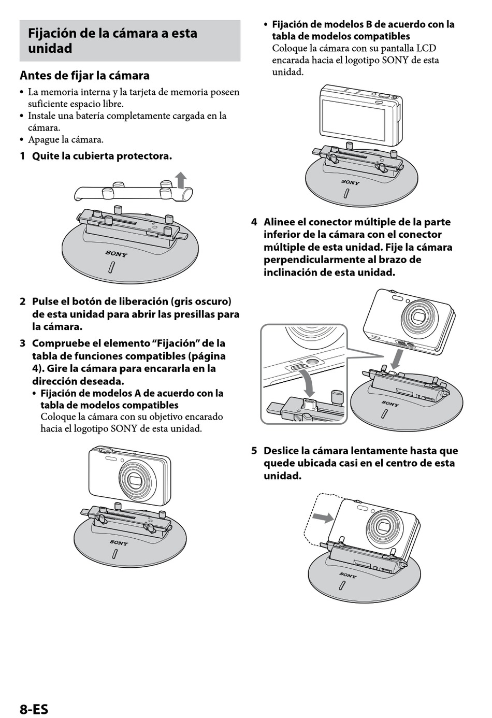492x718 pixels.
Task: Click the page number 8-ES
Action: [x=34, y=709]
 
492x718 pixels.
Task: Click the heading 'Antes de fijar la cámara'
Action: [x=84, y=76]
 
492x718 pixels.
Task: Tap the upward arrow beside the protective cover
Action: [x=181, y=180]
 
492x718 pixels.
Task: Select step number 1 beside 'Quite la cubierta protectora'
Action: [x=22, y=156]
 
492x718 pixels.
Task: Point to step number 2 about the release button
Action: [x=22, y=301]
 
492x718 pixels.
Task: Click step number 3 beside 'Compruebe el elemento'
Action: [x=22, y=343]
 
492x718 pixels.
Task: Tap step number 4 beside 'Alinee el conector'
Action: [x=254, y=222]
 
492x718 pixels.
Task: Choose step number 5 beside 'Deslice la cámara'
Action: [x=254, y=451]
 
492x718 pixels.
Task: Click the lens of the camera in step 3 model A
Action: [x=137, y=480]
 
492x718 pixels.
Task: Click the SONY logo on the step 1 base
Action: [x=117, y=254]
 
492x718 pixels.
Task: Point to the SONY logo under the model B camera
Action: [x=350, y=182]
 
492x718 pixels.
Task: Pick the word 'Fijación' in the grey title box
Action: [x=52, y=34]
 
